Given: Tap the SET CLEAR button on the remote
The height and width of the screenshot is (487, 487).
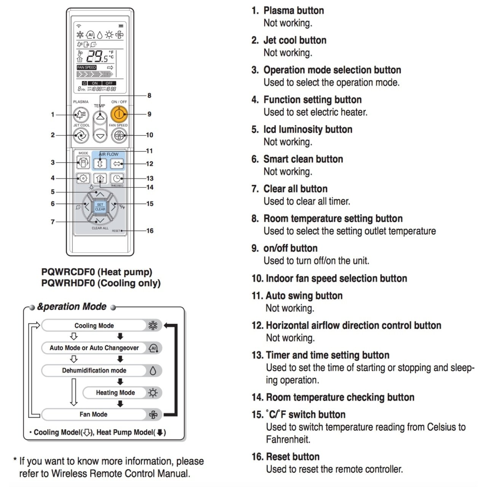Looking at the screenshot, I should click(x=100, y=207).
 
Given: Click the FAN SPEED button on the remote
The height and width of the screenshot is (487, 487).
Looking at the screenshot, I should click(x=119, y=135).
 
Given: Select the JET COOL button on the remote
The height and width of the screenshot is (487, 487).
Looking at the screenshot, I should click(x=81, y=135).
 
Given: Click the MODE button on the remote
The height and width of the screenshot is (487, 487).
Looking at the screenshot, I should click(x=83, y=163).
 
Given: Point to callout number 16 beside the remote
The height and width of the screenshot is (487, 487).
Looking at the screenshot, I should click(x=150, y=231).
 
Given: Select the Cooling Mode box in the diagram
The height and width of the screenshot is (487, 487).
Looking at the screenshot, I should click(x=94, y=326).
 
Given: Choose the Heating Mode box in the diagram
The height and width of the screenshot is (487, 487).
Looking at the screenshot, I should click(x=115, y=393).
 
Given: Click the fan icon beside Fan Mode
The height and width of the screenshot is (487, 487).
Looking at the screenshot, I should click(x=153, y=415).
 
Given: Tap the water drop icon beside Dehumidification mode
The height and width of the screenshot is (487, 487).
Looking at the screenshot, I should click(x=153, y=371).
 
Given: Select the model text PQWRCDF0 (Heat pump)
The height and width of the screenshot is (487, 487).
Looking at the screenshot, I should click(x=97, y=272).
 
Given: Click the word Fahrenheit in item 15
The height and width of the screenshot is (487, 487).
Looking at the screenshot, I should click(x=288, y=439).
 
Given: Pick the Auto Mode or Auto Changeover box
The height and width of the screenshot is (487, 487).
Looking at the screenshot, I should click(x=94, y=348).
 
